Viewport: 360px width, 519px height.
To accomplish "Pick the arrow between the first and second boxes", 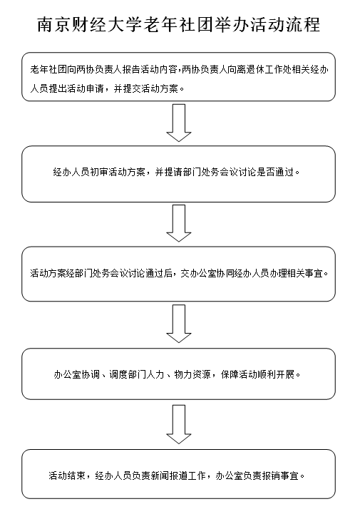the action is tap(179, 123).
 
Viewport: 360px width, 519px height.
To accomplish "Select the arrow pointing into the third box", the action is tap(179, 223).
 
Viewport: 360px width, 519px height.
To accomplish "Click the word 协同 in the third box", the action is tap(225, 274).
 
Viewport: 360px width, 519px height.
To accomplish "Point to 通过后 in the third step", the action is tap(159, 274).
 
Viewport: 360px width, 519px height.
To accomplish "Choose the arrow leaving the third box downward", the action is tap(179, 324).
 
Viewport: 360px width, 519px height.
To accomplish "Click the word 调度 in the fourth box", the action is tap(118, 374).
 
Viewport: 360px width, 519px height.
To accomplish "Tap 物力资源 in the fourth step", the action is tap(192, 374).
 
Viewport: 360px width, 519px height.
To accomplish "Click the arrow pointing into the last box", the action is tap(179, 425).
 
